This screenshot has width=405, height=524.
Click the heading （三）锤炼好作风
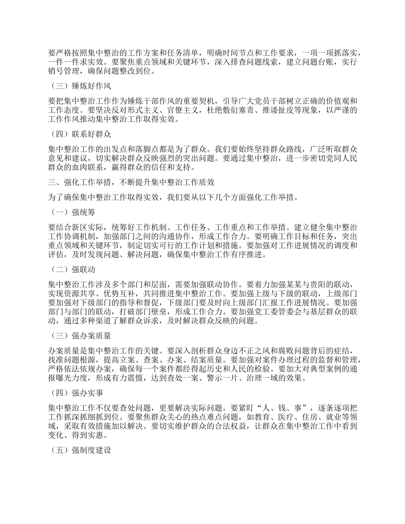pyautogui.click(x=80, y=86)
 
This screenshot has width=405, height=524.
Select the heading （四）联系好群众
pyautogui.click(x=80, y=134)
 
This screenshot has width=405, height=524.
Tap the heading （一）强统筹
pyautogui.click(x=71, y=212)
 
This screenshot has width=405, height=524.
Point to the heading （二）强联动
pyautogui.click(x=71, y=270)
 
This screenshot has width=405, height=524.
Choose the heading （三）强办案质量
pyautogui.click(x=80, y=336)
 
